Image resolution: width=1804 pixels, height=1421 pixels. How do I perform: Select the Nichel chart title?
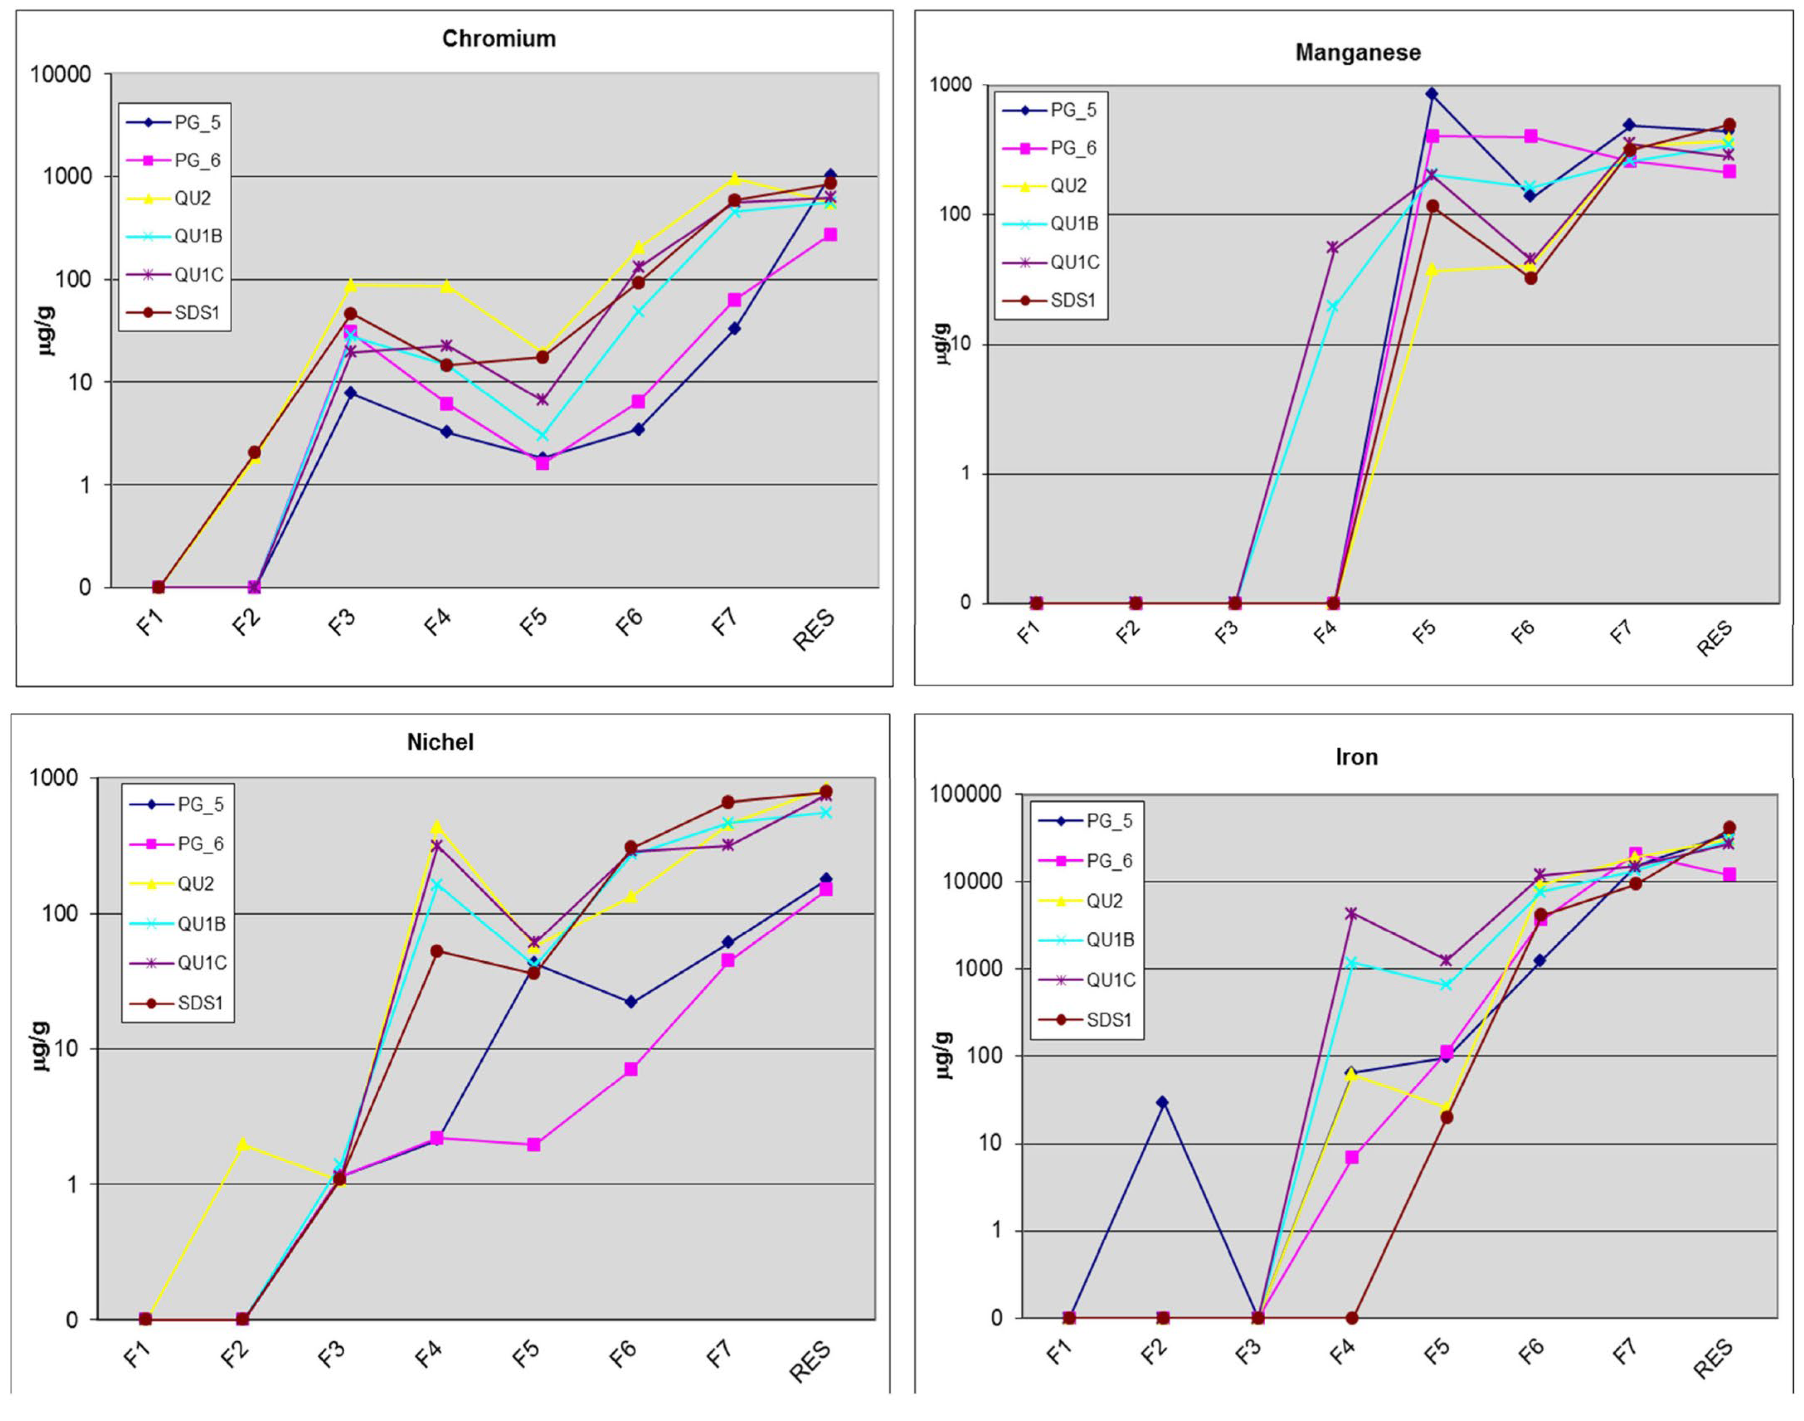[x=440, y=742]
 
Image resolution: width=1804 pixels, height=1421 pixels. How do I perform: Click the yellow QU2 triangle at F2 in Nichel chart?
[x=242, y=1144]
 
